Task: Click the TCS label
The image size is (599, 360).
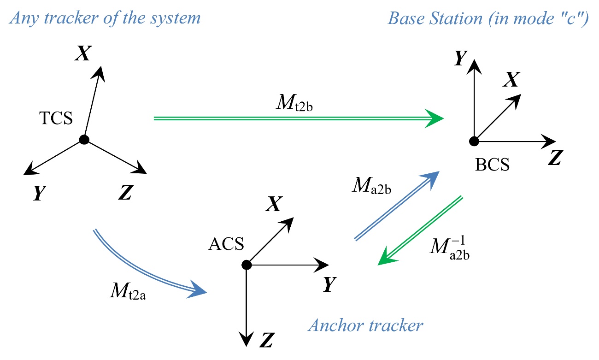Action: (56, 118)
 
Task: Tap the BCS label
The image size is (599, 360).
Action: (493, 165)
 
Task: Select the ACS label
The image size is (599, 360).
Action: (226, 244)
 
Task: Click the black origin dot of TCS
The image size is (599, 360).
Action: (83, 140)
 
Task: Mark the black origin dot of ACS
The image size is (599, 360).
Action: (247, 265)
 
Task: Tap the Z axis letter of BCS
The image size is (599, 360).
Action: (554, 159)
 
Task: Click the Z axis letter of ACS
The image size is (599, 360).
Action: (264, 342)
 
